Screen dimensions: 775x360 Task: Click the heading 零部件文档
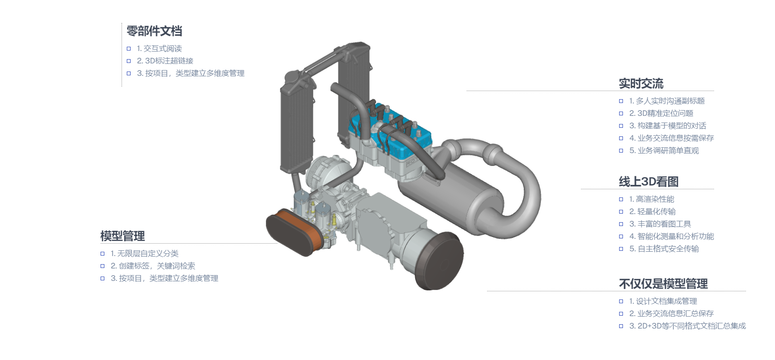coord(154,31)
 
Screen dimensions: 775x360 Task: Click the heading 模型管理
coord(122,236)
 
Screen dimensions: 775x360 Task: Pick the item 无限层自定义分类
coord(148,254)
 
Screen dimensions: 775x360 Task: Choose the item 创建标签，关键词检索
coord(157,266)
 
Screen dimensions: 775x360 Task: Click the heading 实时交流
coord(641,83)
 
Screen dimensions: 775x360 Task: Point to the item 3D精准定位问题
coord(665,113)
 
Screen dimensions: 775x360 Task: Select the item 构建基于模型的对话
coord(672,126)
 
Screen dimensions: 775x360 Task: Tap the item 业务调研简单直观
coord(668,151)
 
